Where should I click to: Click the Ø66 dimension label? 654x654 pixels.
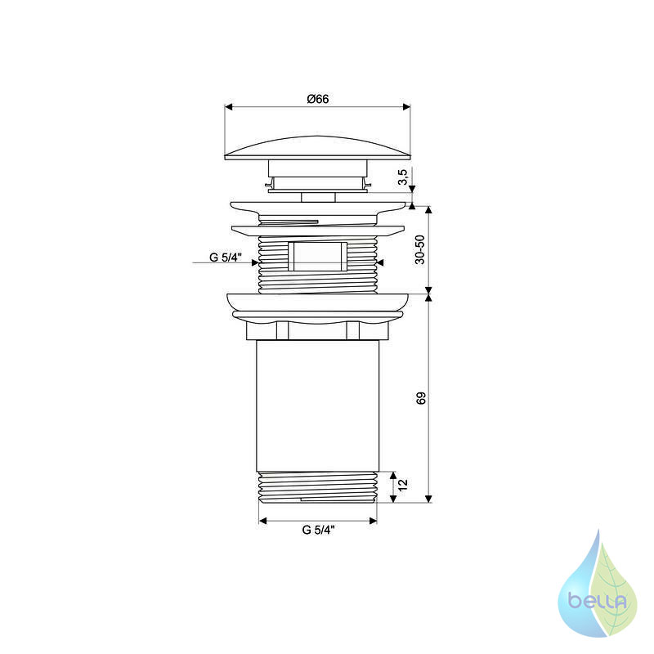318,99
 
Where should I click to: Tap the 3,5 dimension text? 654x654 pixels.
402,177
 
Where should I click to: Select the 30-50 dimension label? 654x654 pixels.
420,249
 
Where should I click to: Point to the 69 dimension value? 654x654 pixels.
421,398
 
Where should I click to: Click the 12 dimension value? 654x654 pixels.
402,485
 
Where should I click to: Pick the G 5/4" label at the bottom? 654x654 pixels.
318,530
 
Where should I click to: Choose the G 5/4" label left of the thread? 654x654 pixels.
226,258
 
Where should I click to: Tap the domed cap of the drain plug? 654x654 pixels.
317,148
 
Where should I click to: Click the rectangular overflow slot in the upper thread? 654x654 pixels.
318,256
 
